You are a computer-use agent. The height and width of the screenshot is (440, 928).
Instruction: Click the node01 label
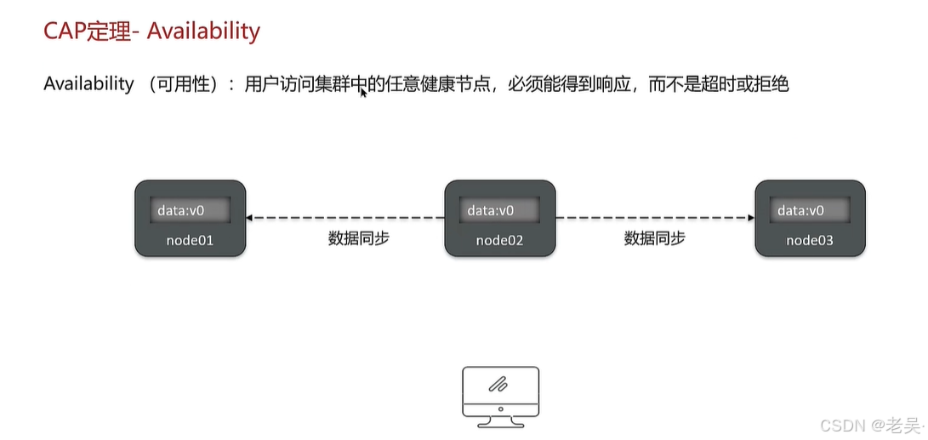point(190,240)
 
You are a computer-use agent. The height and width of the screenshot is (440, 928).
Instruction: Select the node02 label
point(499,240)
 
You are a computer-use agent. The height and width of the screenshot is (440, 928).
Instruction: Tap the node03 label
point(810,240)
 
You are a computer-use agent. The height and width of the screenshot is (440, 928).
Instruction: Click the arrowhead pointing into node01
point(250,218)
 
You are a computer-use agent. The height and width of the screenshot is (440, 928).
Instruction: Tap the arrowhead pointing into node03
point(750,218)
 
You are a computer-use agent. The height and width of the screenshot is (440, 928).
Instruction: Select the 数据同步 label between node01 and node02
point(358,238)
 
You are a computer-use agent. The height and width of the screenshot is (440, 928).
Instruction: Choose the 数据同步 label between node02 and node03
point(654,238)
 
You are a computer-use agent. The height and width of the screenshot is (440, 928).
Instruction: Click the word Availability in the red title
point(203,31)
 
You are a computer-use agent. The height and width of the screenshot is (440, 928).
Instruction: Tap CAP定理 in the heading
point(88,31)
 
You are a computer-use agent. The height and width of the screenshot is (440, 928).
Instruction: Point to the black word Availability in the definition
point(88,84)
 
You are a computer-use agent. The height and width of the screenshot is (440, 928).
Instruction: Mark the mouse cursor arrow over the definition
point(363,91)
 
